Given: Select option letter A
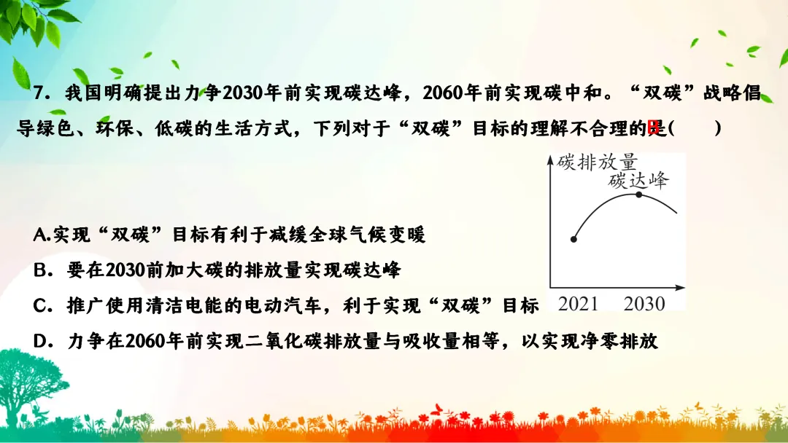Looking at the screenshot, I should (x=39, y=235).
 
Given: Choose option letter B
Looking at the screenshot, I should (x=40, y=270).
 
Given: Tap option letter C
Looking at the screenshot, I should (x=41, y=305).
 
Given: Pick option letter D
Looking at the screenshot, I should (x=41, y=340).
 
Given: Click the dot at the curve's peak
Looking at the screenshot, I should (x=639, y=195).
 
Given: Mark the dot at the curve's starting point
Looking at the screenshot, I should (x=574, y=239).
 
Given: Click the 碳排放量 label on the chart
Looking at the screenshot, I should (x=597, y=161).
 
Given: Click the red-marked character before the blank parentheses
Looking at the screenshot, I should (x=655, y=129).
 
